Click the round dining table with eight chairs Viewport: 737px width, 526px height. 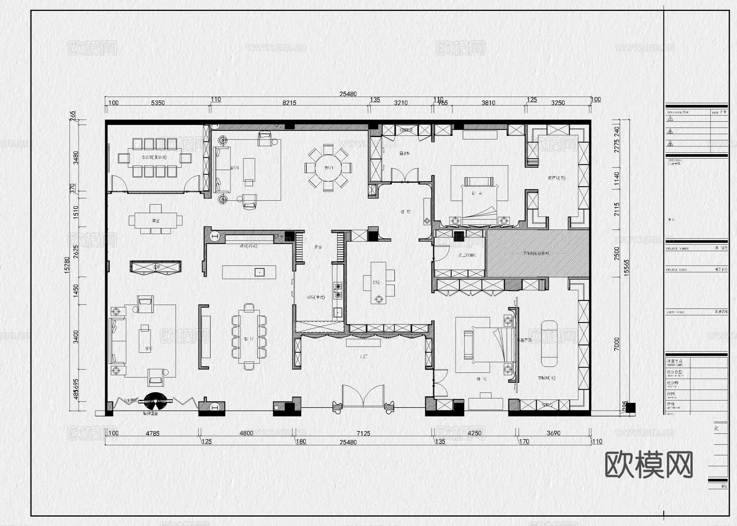tap(328, 167)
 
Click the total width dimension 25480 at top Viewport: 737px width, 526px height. tap(348, 94)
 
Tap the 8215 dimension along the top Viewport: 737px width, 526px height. tap(289, 103)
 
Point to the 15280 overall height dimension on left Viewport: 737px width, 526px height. tap(67, 265)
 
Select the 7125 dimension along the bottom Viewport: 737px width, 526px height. tap(363, 433)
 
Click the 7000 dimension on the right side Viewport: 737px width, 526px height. tap(617, 344)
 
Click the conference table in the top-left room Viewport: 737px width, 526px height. tap(154, 158)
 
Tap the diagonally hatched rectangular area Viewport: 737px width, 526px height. tap(537, 253)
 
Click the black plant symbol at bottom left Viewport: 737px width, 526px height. tap(155, 401)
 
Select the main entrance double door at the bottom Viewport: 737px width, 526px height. tap(363, 396)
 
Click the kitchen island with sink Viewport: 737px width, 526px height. tap(249, 272)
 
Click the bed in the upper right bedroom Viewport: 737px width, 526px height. tap(479, 201)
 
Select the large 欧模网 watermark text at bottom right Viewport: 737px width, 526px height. tap(649, 465)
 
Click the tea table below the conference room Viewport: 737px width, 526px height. tap(155, 220)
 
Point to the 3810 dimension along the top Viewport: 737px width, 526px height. tap(488, 103)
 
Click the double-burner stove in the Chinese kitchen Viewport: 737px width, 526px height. tap(338, 290)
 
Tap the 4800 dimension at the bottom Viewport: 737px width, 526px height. tap(246, 433)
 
